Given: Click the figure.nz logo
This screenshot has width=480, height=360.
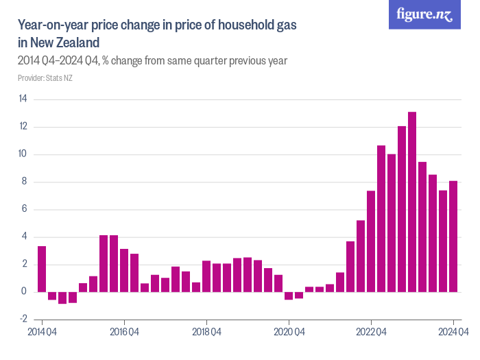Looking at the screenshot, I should pyautogui.click(x=424, y=14).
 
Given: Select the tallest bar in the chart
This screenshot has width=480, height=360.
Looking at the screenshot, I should pyautogui.click(x=412, y=202).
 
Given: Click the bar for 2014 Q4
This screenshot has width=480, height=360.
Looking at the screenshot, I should pyautogui.click(x=42, y=269).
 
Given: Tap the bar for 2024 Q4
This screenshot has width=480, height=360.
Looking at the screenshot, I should pyautogui.click(x=453, y=237).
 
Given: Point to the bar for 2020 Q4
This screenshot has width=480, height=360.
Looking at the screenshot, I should pyautogui.click(x=289, y=296).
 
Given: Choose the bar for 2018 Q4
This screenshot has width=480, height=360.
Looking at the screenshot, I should pyautogui.click(x=206, y=276).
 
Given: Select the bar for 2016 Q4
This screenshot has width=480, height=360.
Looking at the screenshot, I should pyautogui.click(x=124, y=270).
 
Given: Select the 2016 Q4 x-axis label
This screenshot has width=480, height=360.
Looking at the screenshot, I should pyautogui.click(x=124, y=333).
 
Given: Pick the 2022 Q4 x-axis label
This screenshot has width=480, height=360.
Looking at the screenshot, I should pyautogui.click(x=371, y=333).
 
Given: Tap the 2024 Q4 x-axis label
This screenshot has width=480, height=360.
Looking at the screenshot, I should pyautogui.click(x=453, y=333).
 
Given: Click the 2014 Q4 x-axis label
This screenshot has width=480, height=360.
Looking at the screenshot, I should pyautogui.click(x=42, y=333).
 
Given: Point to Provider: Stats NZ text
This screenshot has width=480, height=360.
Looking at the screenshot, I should pyautogui.click(x=45, y=78).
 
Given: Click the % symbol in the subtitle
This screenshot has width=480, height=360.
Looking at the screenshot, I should pyautogui.click(x=106, y=61).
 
